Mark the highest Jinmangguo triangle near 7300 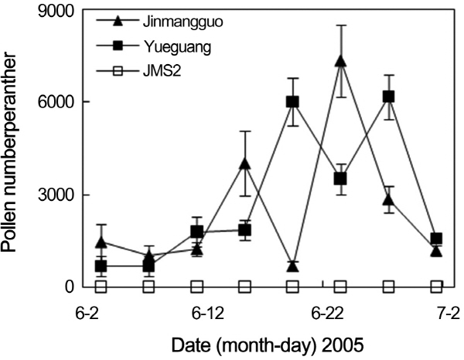click(x=340, y=62)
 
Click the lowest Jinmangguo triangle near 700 click(x=292, y=266)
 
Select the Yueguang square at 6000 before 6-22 click(x=292, y=102)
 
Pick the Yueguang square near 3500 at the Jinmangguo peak click(x=340, y=178)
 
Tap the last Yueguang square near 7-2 click(x=436, y=239)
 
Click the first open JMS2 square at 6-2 click(x=101, y=287)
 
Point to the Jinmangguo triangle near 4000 click(x=244, y=164)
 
